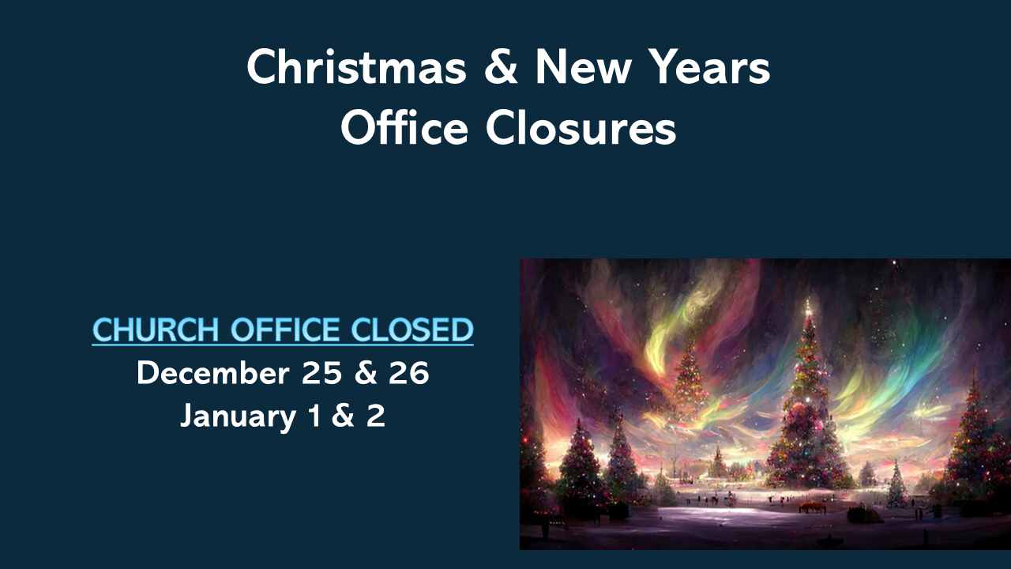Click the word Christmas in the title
tap(356, 68)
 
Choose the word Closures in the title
tap(581, 127)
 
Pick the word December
tap(212, 374)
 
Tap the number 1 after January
tap(314, 416)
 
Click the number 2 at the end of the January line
tap(375, 416)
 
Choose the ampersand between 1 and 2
tap(343, 416)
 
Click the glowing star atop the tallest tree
tap(807, 304)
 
